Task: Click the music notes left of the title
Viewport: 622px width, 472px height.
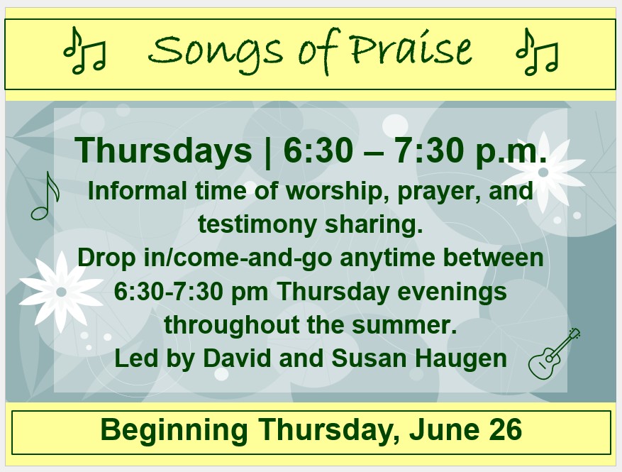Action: tap(85, 51)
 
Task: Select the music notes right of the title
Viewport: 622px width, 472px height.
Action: tap(537, 52)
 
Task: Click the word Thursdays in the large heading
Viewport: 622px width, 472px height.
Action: tap(163, 151)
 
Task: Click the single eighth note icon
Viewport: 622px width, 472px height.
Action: tap(45, 196)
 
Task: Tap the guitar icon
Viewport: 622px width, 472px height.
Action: tap(554, 353)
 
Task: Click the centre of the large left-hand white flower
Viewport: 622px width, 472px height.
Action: tap(61, 292)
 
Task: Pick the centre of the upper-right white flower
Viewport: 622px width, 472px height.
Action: tap(543, 172)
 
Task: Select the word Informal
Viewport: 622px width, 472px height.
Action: tap(137, 191)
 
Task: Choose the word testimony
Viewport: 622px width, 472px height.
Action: tap(257, 225)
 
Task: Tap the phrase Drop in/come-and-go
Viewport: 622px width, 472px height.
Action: tap(205, 258)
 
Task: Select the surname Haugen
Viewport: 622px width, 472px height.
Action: tap(460, 359)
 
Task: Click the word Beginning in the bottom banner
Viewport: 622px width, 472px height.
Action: tap(174, 430)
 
